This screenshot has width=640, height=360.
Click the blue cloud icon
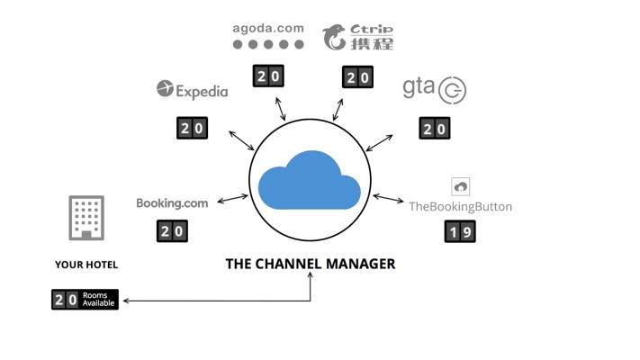(310, 180)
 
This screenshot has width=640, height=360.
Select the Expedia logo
(193, 90)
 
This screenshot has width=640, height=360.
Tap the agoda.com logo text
(268, 29)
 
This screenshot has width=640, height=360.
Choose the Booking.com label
(172, 202)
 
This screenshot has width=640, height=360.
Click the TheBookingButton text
(460, 206)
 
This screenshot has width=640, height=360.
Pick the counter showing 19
(460, 231)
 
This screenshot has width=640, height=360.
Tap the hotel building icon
(86, 218)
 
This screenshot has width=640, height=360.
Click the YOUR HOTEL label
(86, 265)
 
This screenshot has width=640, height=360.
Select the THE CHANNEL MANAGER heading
(311, 264)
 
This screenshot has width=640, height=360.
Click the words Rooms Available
(98, 299)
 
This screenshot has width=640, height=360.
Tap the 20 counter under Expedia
(193, 128)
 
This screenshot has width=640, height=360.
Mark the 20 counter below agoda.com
(268, 76)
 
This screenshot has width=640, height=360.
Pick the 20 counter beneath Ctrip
(357, 76)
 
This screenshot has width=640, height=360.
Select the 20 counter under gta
(435, 128)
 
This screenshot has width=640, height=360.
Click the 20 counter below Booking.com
(172, 231)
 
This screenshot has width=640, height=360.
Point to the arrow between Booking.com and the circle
(232, 199)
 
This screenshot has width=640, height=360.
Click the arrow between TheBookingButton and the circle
(388, 198)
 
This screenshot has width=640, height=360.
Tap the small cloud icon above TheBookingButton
(460, 187)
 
